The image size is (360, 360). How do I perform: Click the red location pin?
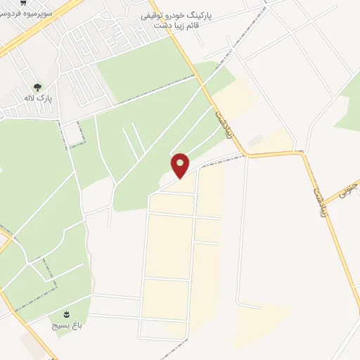point(180,165)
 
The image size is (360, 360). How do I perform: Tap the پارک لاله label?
point(38,98)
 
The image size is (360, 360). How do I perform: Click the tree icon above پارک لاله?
point(37,86)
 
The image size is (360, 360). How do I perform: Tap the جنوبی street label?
point(349,189)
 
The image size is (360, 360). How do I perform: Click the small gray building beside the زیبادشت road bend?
point(255,141)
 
